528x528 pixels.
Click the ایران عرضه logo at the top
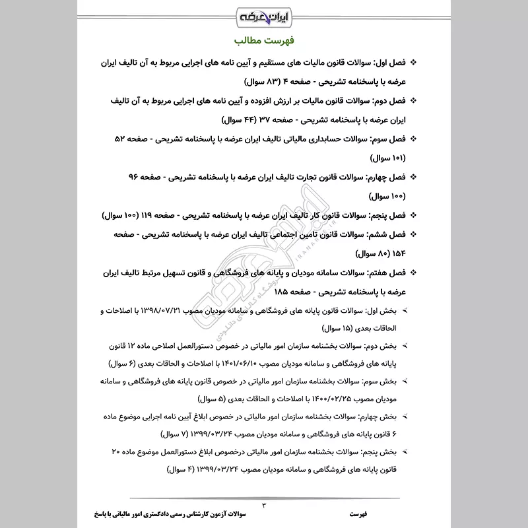pos(264,15)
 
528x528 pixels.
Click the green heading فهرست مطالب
pos(264,40)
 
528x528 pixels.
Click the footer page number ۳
pos(264,505)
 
